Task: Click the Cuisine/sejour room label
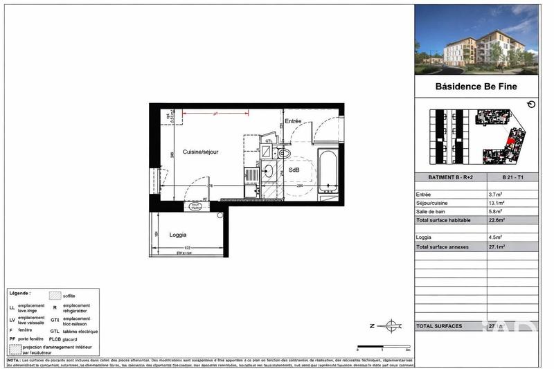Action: pos(201,152)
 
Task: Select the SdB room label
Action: pos(294,170)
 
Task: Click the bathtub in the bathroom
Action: pos(326,173)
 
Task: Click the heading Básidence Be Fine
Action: pos(475,87)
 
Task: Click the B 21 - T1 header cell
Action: pos(512,178)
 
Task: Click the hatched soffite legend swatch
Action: pos(55,296)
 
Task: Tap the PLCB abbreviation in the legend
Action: pos(55,340)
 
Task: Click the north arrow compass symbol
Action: pos(391,325)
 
